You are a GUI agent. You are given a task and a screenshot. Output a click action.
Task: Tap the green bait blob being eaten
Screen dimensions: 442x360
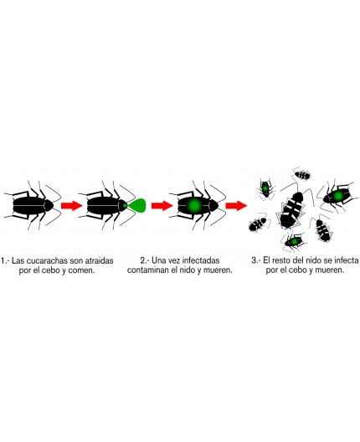coord(135,204)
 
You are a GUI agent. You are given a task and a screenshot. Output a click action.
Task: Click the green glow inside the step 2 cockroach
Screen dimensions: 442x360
coord(193,204)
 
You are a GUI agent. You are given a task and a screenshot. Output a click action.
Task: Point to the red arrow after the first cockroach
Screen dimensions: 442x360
coord(71,205)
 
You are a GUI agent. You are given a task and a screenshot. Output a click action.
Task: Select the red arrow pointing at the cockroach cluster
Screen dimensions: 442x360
coord(237,205)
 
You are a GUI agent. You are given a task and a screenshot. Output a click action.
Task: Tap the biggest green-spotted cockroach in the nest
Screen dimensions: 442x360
coord(339,195)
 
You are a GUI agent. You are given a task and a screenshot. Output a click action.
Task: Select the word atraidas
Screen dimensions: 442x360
coord(105,260)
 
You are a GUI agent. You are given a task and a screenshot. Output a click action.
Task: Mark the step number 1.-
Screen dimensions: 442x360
coord(7,260)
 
